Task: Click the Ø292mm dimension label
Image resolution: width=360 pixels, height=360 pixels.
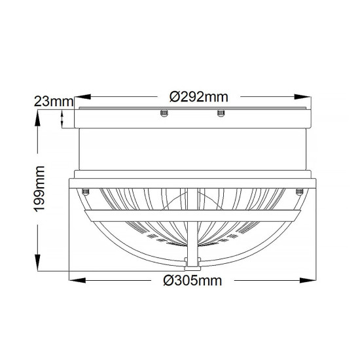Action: (198, 96)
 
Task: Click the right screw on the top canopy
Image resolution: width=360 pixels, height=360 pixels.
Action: (220, 116)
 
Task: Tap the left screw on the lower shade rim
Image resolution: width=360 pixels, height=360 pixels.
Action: (86, 190)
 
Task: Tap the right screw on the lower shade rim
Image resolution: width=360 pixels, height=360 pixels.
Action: (299, 190)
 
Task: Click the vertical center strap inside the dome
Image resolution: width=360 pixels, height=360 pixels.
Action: (192, 236)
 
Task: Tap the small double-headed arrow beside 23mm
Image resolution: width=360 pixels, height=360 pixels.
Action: (63, 118)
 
